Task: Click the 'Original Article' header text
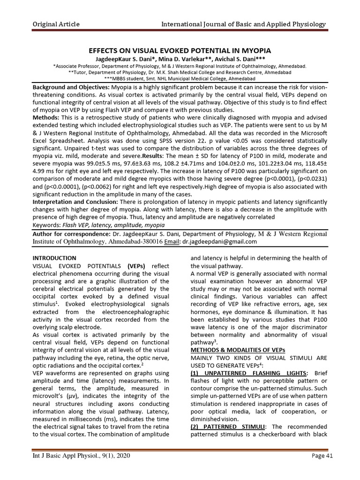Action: click(55, 24)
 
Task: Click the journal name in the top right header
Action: click(244, 24)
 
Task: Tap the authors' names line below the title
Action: click(180, 59)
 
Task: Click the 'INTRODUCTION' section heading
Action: click(54, 258)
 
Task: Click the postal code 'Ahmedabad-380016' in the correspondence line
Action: click(135, 242)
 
